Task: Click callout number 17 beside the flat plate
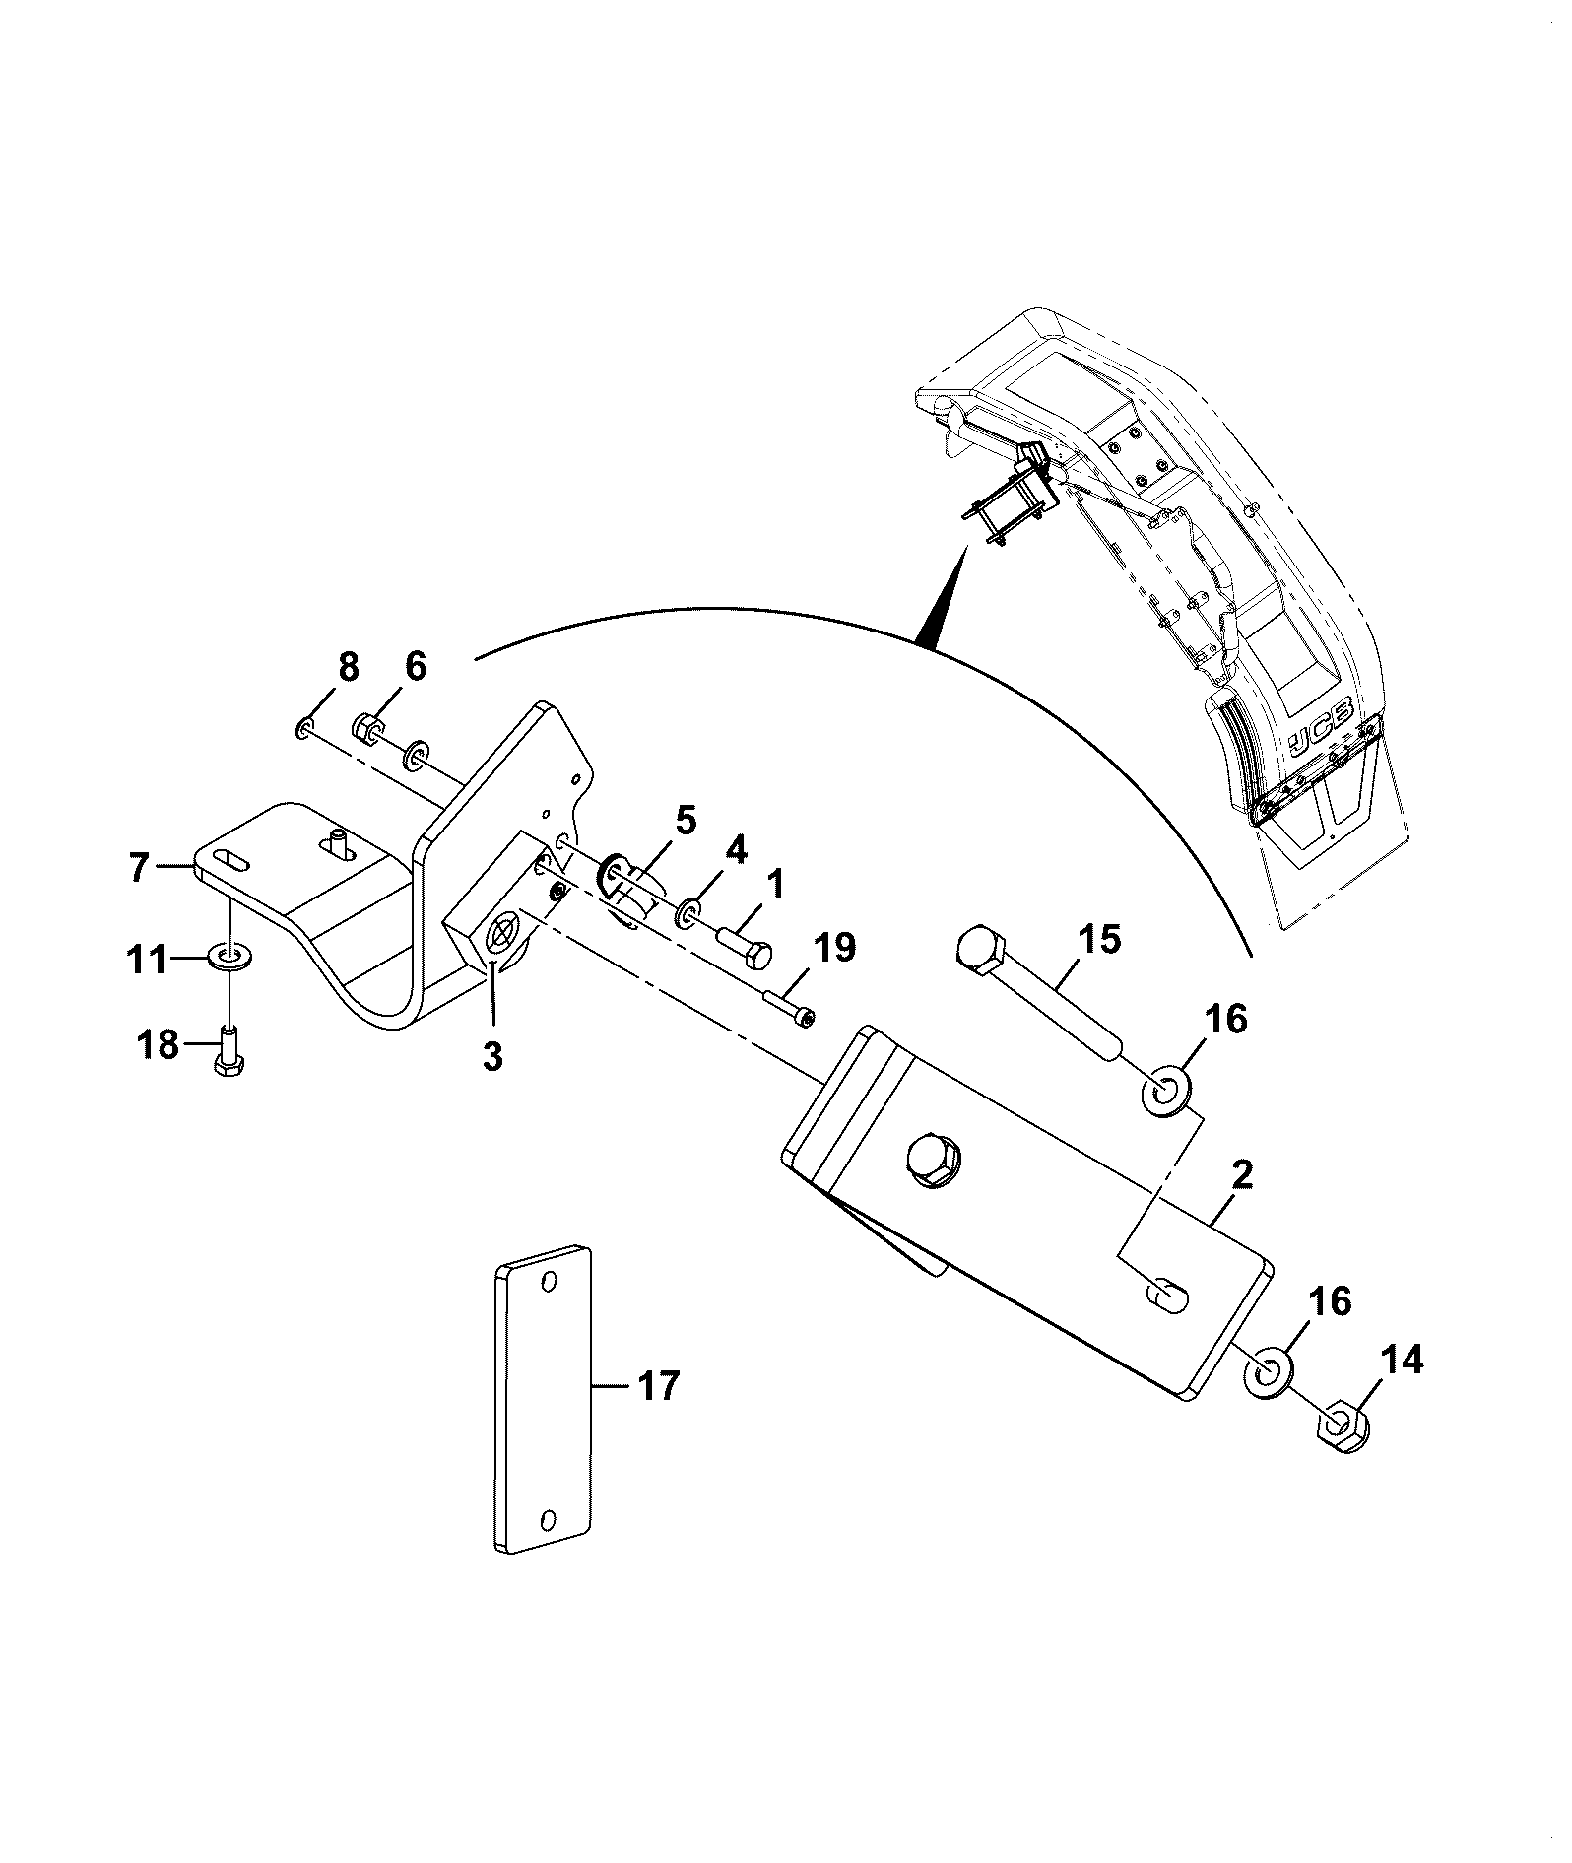pos(658,1387)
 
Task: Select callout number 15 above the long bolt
pos(1099,940)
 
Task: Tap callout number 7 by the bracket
pos(139,868)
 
